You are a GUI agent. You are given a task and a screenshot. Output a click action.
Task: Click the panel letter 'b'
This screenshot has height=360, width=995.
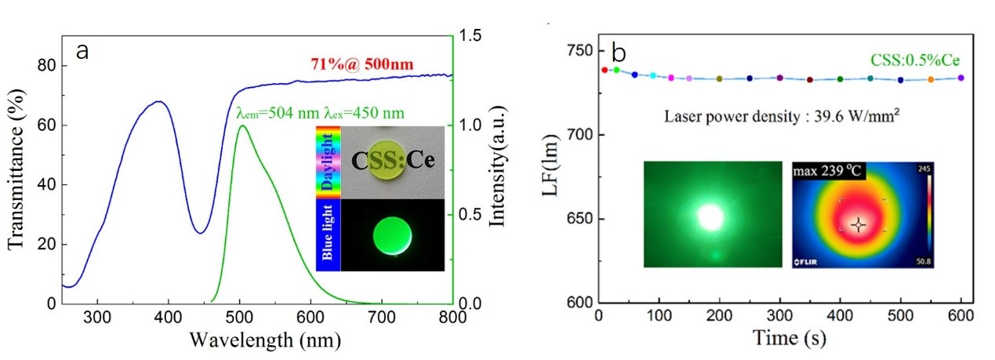pyautogui.click(x=618, y=53)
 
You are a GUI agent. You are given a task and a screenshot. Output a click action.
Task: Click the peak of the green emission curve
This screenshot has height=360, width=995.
pyautogui.click(x=242, y=125)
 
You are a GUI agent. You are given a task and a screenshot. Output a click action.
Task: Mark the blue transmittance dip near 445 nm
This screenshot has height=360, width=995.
pyautogui.click(x=200, y=233)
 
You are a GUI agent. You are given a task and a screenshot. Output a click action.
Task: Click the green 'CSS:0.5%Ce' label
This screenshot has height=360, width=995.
pyautogui.click(x=915, y=60)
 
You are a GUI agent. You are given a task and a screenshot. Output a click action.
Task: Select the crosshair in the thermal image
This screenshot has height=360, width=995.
pyautogui.click(x=859, y=224)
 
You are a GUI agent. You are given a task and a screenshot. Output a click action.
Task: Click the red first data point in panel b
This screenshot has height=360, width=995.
pyautogui.click(x=604, y=70)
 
